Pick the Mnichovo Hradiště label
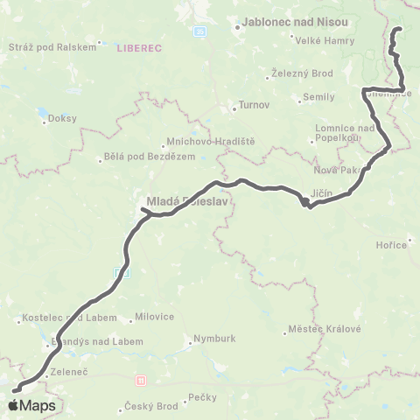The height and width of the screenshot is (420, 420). click(x=206, y=140)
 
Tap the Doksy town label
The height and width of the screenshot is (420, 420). click(x=63, y=118)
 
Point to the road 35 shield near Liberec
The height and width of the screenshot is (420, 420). click(x=199, y=31)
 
